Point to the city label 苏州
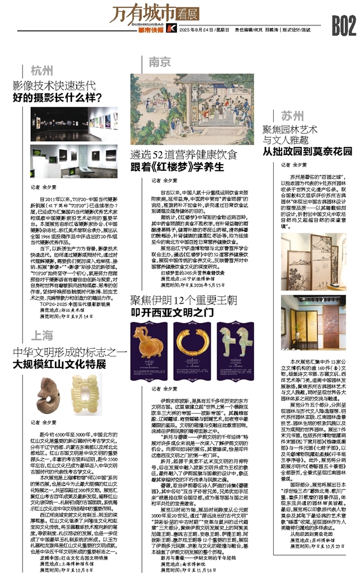(x=292, y=117)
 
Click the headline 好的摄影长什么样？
(x=61, y=98)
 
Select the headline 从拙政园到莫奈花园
(x=307, y=151)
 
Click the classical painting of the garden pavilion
(x=192, y=109)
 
